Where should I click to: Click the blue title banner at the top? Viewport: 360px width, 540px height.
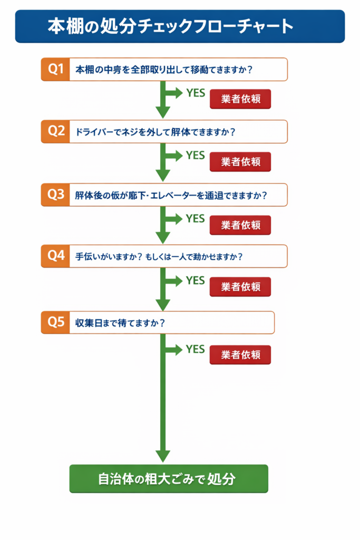180,26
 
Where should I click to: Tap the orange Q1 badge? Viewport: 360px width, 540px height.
55,69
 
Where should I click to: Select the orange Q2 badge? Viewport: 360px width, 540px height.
55,131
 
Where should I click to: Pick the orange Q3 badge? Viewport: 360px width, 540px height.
55,195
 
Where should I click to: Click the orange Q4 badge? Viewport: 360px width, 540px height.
55,256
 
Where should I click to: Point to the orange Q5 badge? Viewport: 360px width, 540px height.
55,322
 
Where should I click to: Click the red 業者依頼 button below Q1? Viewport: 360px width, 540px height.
240,99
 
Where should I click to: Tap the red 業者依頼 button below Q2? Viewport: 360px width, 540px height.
240,162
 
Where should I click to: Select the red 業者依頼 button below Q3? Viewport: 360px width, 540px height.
240,225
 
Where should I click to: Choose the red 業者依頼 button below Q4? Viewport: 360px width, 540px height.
240,287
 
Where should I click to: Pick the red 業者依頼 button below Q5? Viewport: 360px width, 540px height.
240,354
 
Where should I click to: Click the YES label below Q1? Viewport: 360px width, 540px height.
195,93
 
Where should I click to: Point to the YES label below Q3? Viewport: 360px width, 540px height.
195,218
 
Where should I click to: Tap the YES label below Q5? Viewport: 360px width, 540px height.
195,349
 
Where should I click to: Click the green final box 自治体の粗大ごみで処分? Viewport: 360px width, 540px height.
169,479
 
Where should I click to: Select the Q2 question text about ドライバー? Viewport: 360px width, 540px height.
155,132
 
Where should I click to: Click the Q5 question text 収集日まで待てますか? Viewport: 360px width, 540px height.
120,323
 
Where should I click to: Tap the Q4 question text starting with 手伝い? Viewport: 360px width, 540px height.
159,257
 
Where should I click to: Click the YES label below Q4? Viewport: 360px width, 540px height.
195,281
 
